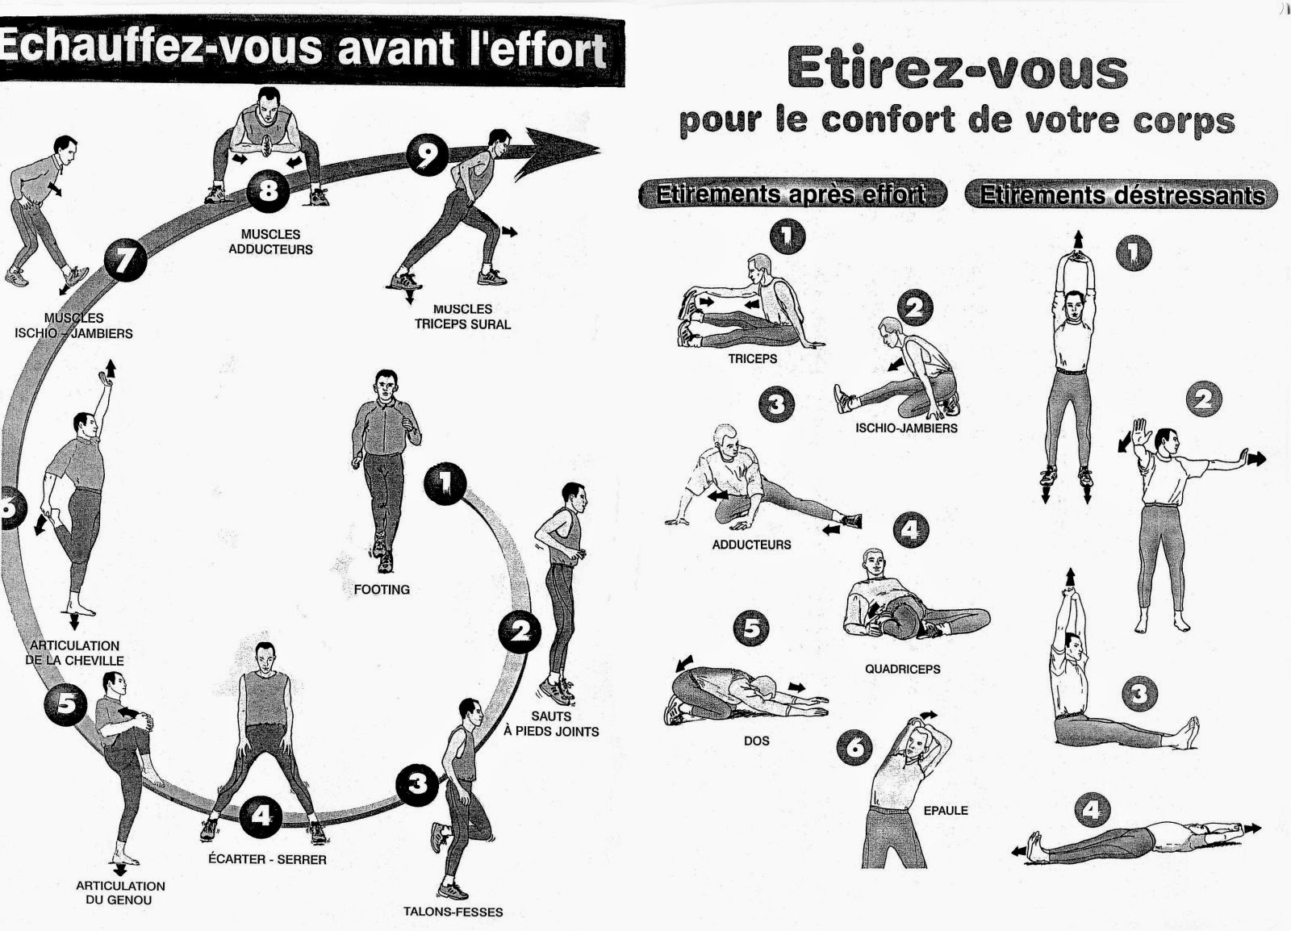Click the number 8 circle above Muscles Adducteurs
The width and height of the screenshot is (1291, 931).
267,191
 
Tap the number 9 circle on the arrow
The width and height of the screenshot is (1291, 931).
427,155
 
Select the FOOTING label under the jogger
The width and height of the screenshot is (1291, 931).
382,590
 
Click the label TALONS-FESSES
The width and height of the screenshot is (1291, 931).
453,912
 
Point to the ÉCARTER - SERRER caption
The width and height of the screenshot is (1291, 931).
267,860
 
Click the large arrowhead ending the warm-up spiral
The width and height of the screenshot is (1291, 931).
557,150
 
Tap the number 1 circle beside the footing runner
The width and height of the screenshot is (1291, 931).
445,482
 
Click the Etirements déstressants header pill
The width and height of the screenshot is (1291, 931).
1122,195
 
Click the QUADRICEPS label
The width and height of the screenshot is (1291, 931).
902,670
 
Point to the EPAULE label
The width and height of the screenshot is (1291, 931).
946,811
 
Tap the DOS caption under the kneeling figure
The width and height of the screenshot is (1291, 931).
756,741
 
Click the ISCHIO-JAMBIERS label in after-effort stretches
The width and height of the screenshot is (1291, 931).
906,428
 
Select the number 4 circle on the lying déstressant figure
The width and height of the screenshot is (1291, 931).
1091,809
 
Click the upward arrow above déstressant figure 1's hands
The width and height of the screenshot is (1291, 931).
1078,239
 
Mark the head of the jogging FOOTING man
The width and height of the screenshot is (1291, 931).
387,384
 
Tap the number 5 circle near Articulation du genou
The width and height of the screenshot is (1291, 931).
68,704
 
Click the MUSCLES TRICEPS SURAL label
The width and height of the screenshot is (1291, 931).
462,316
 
